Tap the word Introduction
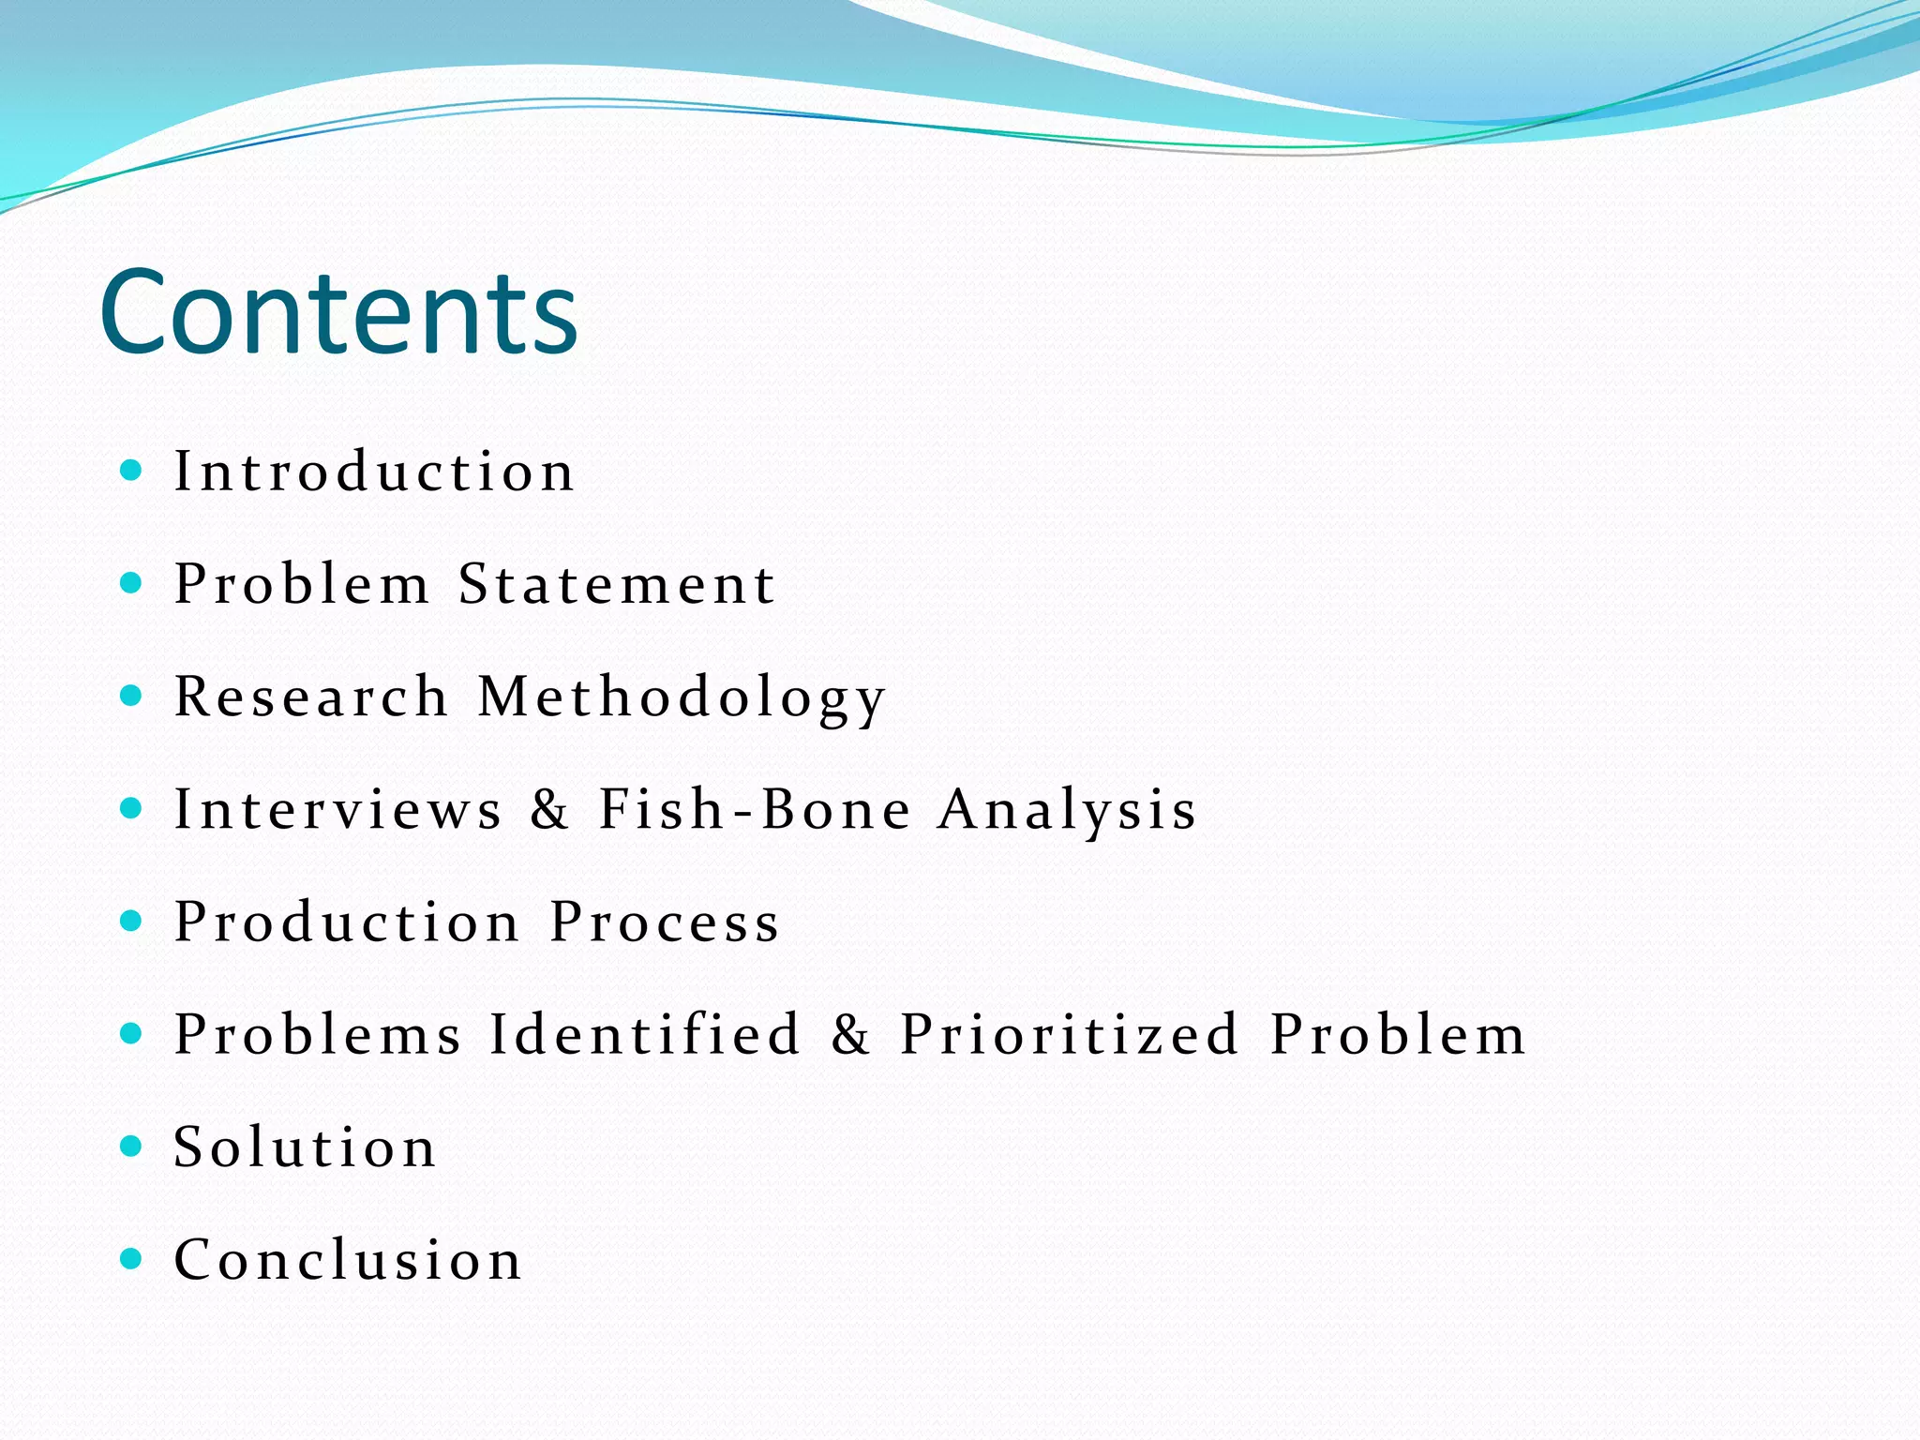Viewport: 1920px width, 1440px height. pos(374,471)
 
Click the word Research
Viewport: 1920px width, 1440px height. pos(311,697)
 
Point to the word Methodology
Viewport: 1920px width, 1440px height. pos(682,698)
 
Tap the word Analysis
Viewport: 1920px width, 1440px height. pos(1068,810)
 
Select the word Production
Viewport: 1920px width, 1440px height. pos(347,922)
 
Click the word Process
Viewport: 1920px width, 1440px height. pos(665,922)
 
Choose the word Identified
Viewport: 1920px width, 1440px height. pos(645,1034)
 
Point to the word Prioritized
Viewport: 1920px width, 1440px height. pos(1070,1034)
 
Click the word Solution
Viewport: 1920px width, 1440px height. pos(306,1147)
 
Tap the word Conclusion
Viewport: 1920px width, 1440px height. pos(348,1259)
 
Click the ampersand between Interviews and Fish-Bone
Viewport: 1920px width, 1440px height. pos(550,809)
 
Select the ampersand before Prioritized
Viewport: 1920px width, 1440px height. pos(850,1034)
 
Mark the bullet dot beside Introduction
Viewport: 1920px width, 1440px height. pos(131,470)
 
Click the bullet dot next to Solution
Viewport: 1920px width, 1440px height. pos(131,1146)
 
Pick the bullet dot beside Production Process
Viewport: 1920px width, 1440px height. pos(131,921)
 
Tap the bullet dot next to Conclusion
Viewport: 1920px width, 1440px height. pos(131,1258)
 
